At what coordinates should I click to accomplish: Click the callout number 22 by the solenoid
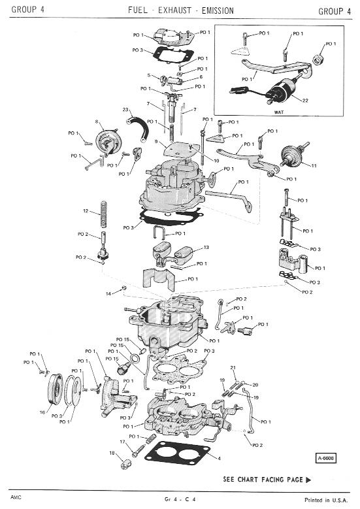pyautogui.click(x=305, y=101)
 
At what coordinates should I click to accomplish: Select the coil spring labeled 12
pyautogui.click(x=104, y=214)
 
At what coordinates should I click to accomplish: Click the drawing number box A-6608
pyautogui.click(x=325, y=458)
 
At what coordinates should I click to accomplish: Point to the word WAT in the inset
pyautogui.click(x=279, y=112)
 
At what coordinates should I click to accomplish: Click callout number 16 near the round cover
pyautogui.click(x=42, y=412)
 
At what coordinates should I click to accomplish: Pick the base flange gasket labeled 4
pyautogui.click(x=177, y=455)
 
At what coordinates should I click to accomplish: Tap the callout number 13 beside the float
pyautogui.click(x=206, y=248)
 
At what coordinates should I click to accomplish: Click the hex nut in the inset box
pyautogui.click(x=317, y=59)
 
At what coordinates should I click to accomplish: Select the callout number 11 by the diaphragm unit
pyautogui.click(x=314, y=165)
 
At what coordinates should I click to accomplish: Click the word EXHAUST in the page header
pyautogui.click(x=174, y=10)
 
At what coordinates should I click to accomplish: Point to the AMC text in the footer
pyautogui.click(x=16, y=497)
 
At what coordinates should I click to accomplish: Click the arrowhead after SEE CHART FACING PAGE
pyautogui.click(x=308, y=480)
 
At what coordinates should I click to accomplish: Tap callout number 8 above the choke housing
pyautogui.click(x=97, y=122)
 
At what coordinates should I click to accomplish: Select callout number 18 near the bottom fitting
pyautogui.click(x=112, y=453)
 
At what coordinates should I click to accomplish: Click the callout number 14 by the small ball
pyautogui.click(x=108, y=294)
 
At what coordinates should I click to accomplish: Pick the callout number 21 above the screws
pyautogui.click(x=233, y=368)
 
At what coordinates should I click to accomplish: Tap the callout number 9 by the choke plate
pyautogui.click(x=156, y=142)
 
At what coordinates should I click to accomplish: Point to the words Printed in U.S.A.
pyautogui.click(x=325, y=500)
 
